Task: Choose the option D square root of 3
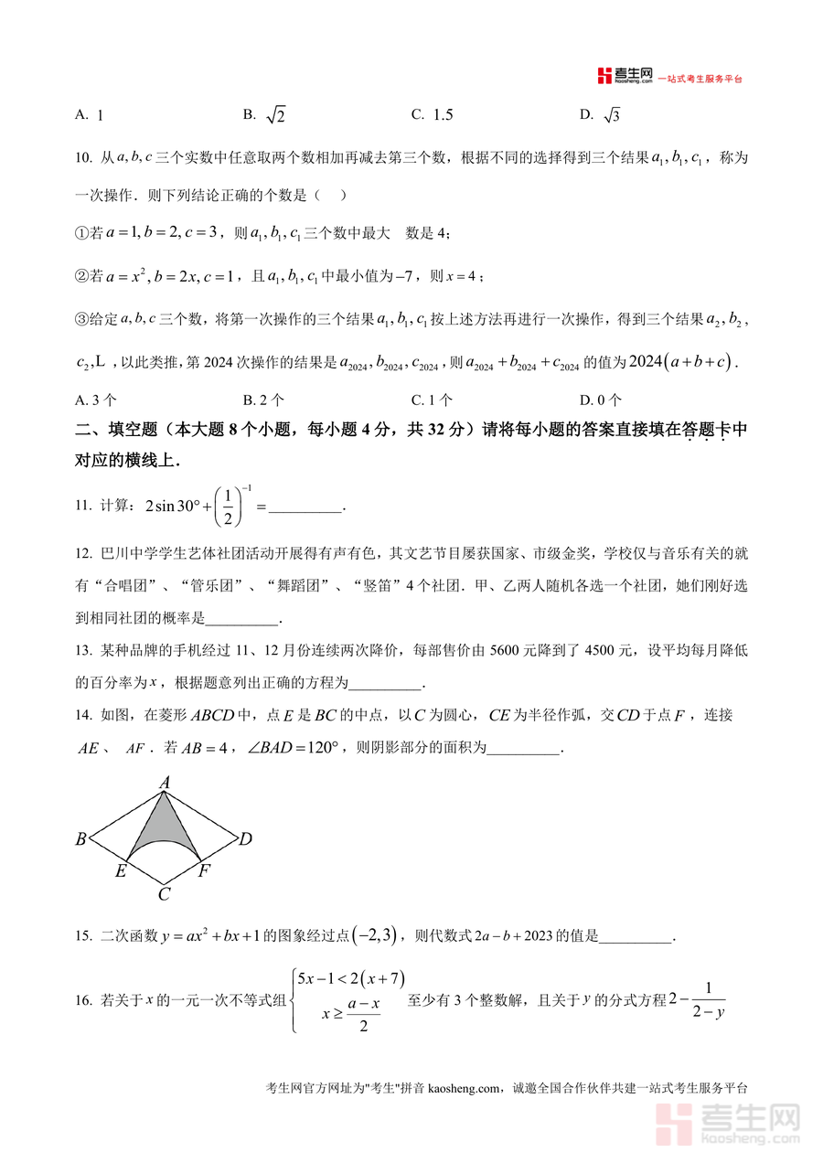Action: coord(601,114)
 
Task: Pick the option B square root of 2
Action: coord(265,114)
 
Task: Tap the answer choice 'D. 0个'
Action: coord(601,400)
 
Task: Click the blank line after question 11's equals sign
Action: coord(306,507)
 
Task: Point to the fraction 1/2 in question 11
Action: coord(229,505)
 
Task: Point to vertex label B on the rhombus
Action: coord(80,839)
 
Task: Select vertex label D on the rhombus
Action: coord(245,839)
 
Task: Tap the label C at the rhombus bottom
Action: coord(164,895)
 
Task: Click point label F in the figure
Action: coord(205,871)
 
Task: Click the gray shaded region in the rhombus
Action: coord(165,827)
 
